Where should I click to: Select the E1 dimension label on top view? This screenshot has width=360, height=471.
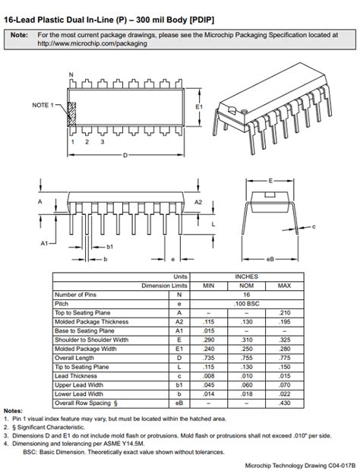click(199, 109)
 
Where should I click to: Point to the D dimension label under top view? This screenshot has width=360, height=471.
click(125, 155)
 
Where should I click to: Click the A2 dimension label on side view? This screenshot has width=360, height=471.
click(198, 203)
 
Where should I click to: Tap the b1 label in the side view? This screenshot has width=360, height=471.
click(109, 246)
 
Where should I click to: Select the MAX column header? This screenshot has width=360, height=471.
click(284, 286)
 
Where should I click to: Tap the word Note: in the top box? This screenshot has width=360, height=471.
click(20, 35)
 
